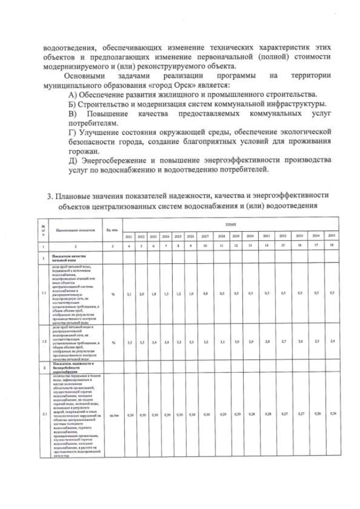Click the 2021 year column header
click(129, 236)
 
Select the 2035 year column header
click(332, 236)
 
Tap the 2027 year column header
click(206, 236)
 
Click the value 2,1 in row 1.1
click(129, 293)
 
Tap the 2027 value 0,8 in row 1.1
click(206, 293)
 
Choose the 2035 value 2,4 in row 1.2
click(332, 341)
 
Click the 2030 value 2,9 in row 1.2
click(250, 341)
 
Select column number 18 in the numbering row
click(332, 246)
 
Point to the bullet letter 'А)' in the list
click(74, 94)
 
